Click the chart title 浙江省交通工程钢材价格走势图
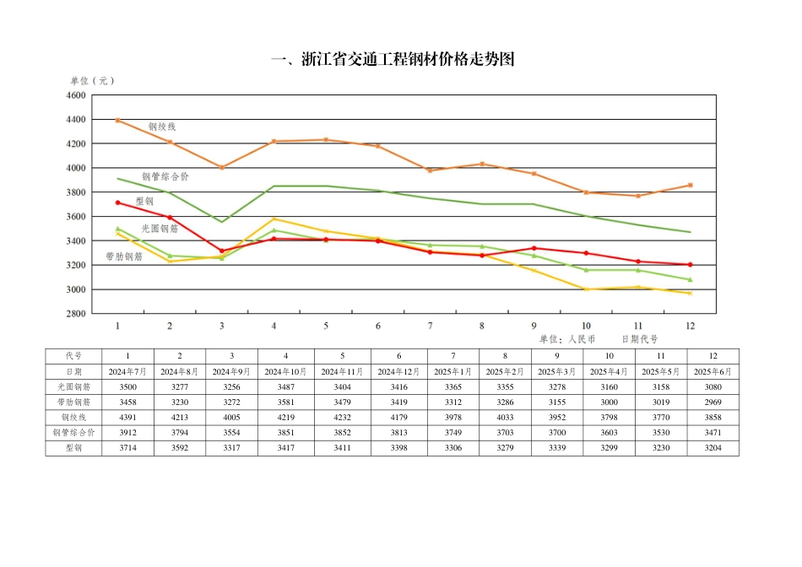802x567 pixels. pyautogui.click(x=392, y=59)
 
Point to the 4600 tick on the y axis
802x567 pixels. pyautogui.click(x=76, y=96)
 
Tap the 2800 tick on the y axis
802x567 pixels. pyautogui.click(x=76, y=314)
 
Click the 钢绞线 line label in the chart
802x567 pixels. pyautogui.click(x=162, y=127)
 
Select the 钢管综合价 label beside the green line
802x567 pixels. pyautogui.click(x=165, y=176)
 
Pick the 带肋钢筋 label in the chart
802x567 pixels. pyautogui.click(x=124, y=256)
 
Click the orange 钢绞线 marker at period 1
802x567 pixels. pyautogui.click(x=117, y=121)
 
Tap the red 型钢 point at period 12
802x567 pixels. pyautogui.click(x=690, y=265)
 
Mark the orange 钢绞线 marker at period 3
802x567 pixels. pyautogui.click(x=222, y=168)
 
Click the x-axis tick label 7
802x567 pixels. pyautogui.click(x=430, y=326)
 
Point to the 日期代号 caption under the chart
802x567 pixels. pyautogui.click(x=640, y=339)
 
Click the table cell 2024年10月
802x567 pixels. pyautogui.click(x=286, y=371)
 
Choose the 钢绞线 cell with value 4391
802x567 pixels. pyautogui.click(x=127, y=417)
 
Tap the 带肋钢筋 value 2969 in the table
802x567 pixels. pyautogui.click(x=713, y=402)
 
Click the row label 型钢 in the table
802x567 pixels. pyautogui.click(x=73, y=447)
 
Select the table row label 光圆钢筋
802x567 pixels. pyautogui.click(x=73, y=386)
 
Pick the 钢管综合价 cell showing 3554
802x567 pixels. pyautogui.click(x=232, y=432)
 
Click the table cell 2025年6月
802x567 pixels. pyautogui.click(x=713, y=371)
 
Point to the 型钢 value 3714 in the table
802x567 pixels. pyautogui.click(x=127, y=447)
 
